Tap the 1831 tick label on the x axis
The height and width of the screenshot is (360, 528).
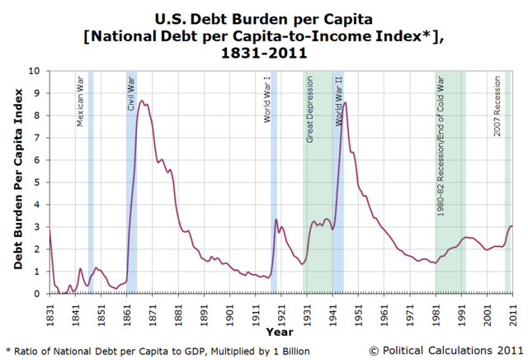coord(49,310)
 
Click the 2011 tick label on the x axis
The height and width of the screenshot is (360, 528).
coord(512,310)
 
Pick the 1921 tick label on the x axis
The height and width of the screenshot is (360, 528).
coord(280,310)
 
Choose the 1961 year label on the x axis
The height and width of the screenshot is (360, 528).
coord(384,310)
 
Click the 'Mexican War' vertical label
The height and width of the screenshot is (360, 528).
coord(80,102)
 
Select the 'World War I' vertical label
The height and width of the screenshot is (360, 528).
coord(267,101)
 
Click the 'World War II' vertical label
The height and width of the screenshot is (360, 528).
coord(338,102)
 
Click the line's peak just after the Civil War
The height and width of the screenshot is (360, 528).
coord(143,102)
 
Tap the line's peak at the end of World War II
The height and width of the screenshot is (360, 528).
coord(344,102)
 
